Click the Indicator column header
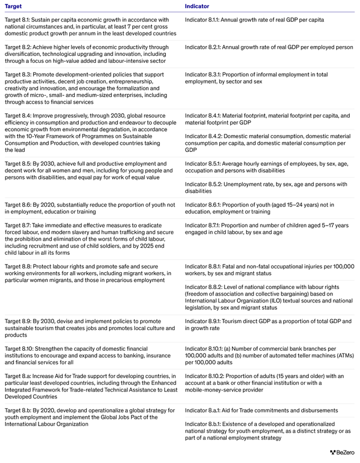point(197,7)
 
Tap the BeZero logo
point(342,452)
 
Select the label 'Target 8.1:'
point(18,20)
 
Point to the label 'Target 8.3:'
point(18,74)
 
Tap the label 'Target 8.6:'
point(18,205)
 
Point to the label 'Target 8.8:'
point(18,266)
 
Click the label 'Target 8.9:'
point(18,321)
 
